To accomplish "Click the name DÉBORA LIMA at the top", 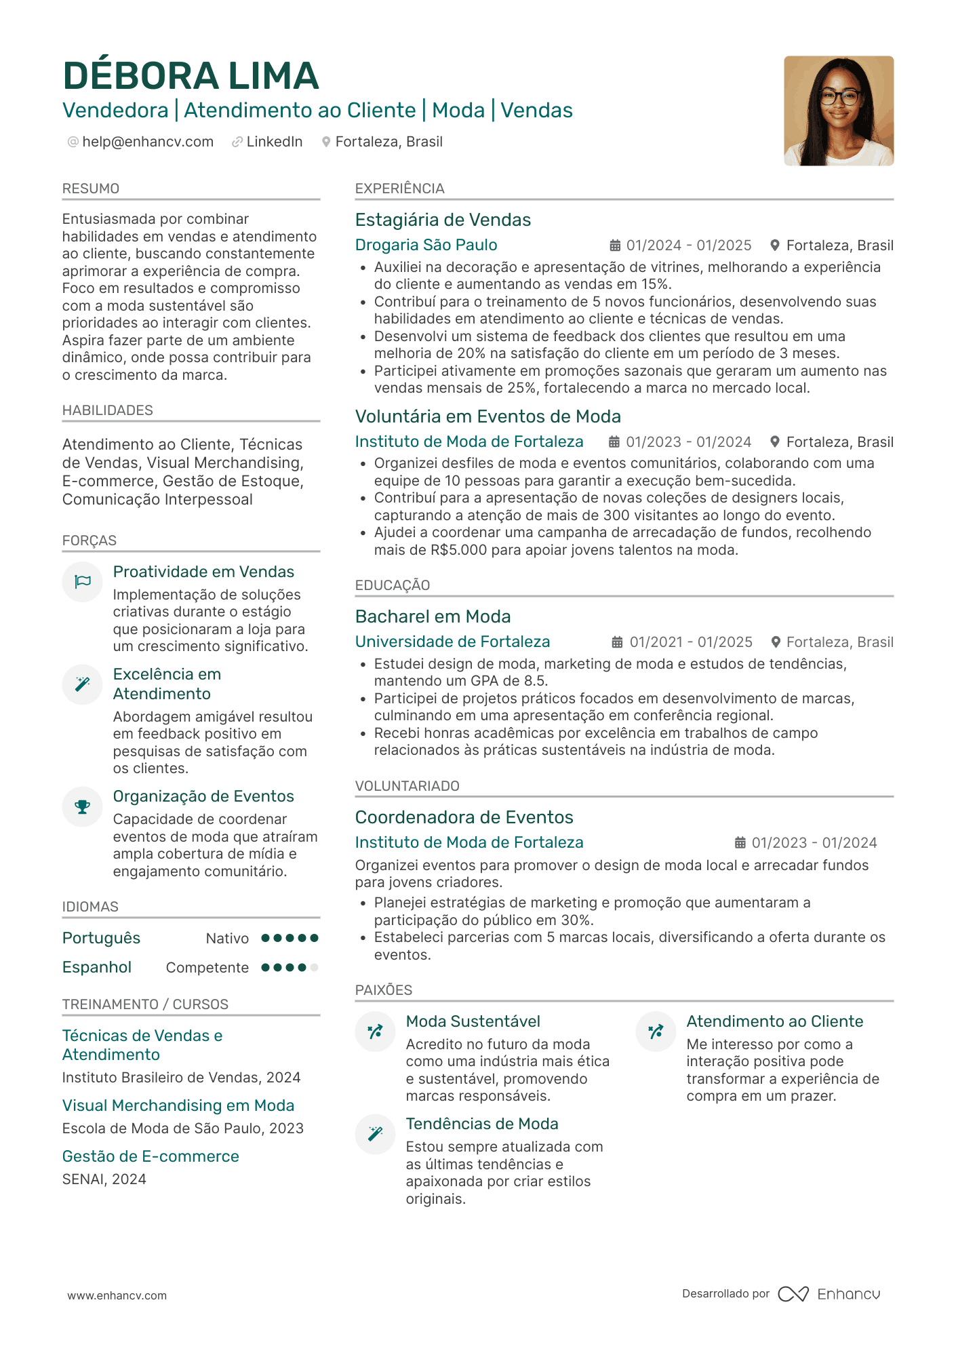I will [x=191, y=76].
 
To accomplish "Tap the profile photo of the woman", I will [x=838, y=111].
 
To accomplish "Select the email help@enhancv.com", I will [x=147, y=142].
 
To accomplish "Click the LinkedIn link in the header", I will [x=274, y=142].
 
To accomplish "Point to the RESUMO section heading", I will [x=91, y=189].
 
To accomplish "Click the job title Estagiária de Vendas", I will [x=443, y=220].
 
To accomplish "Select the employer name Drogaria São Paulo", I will [x=426, y=245].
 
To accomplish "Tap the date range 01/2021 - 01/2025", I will [x=690, y=642].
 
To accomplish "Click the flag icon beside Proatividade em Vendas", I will [x=83, y=581].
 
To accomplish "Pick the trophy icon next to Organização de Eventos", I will [x=83, y=806].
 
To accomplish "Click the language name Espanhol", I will [x=97, y=967].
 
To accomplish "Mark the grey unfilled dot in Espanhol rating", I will [x=314, y=968].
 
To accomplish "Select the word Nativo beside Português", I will [x=227, y=939].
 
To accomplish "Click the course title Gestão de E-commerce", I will [x=151, y=1156].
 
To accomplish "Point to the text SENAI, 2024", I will [x=104, y=1179].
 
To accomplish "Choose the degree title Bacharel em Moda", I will [x=433, y=616].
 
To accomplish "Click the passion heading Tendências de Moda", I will [x=482, y=1124].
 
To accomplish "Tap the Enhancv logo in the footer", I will [x=829, y=1294].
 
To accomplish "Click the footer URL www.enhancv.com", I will [x=117, y=1295].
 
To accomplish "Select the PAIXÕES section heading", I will [x=383, y=990].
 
